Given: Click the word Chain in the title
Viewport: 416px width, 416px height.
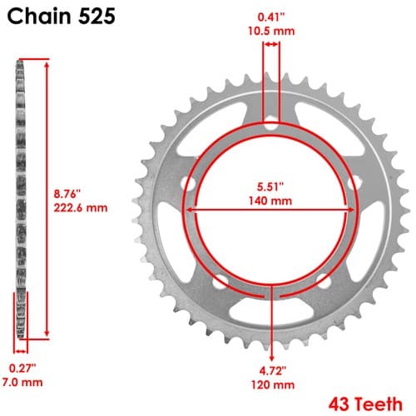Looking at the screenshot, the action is [x=39, y=16].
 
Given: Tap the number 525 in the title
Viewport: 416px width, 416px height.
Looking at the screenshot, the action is [x=97, y=16].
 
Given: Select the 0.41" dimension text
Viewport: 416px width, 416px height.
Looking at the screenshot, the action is [x=271, y=17].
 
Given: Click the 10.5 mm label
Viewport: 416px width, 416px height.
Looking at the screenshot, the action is [x=271, y=31].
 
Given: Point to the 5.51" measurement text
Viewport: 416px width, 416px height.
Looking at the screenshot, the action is [x=270, y=186].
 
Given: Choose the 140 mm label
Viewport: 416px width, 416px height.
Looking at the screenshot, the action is [x=270, y=201].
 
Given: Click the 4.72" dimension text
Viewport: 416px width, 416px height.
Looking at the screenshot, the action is [x=273, y=370].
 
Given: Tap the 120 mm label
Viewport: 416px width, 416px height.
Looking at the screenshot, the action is [x=273, y=384].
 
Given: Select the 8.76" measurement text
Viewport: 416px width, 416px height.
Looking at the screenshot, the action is [x=67, y=194].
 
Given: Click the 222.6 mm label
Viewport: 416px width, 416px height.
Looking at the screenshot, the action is [x=81, y=208].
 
